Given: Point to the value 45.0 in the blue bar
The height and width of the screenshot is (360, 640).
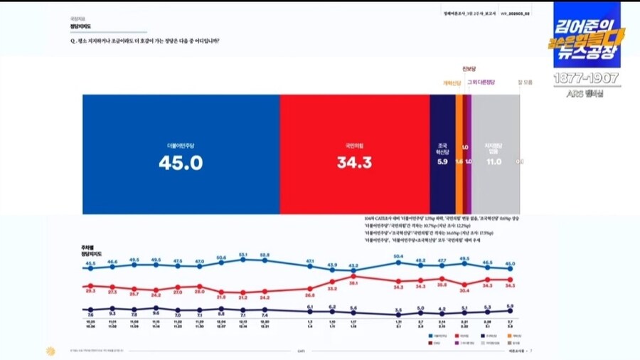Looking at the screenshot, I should (181, 163).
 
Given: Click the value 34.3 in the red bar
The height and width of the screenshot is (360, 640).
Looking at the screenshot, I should (354, 163).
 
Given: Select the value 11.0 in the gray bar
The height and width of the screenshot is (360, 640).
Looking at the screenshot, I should (494, 162).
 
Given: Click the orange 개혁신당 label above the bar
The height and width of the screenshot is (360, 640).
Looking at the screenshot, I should (453, 83).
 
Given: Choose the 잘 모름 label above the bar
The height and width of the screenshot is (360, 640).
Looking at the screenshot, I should (525, 83).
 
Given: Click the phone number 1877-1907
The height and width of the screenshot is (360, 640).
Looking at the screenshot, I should (587, 78).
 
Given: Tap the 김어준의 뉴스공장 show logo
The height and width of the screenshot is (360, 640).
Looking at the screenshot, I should (587, 36).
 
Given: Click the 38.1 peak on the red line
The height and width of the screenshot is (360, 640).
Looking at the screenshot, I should (353, 276).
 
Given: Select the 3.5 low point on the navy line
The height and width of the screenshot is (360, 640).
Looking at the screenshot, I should (398, 314).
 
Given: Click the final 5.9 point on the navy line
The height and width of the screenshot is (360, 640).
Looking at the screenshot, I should (510, 310).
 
